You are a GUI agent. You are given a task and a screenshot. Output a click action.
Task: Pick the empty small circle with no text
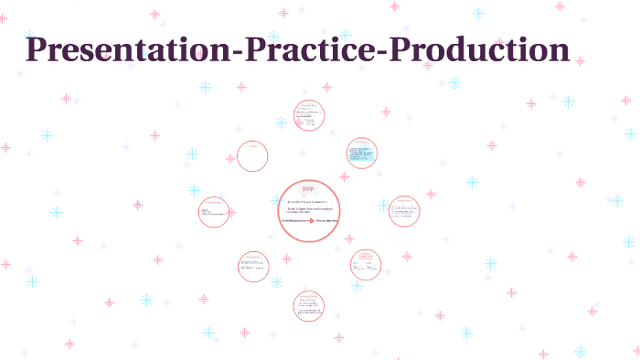tap(252, 156)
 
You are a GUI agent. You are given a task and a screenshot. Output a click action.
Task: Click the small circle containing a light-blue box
tap(362, 154)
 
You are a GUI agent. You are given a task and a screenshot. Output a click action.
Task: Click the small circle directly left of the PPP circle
tap(214, 212)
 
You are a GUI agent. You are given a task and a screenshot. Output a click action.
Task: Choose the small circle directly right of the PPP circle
tap(403, 211)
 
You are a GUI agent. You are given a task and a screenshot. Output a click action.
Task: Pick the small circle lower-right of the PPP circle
tap(366, 264)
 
